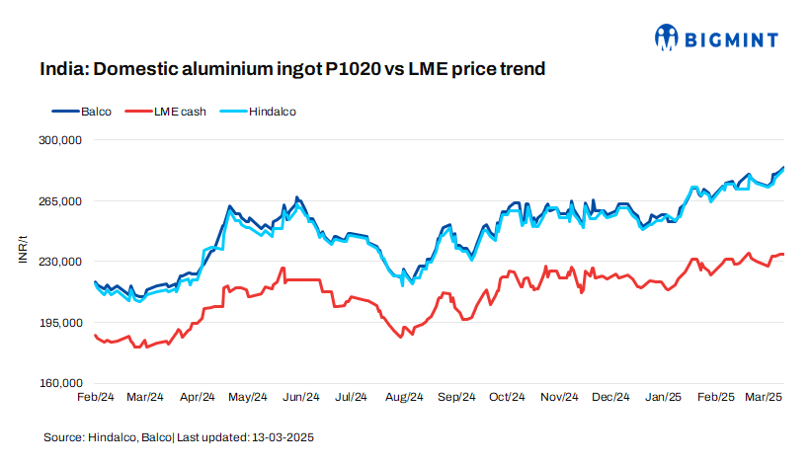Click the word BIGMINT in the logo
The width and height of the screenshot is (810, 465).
tap(731, 39)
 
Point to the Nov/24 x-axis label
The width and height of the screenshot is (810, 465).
tap(558, 397)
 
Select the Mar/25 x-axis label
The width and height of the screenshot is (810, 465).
tap(764, 397)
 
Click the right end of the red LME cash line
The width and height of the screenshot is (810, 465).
tap(783, 254)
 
